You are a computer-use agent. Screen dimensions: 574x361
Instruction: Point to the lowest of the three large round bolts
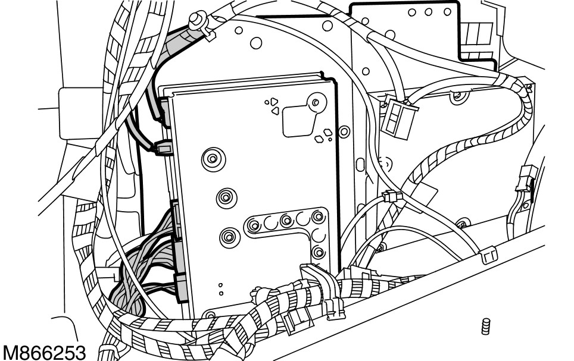click(x=228, y=237)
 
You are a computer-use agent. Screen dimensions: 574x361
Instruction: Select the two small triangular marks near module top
click(x=273, y=106)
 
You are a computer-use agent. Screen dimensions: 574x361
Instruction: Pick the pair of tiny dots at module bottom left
click(x=221, y=289)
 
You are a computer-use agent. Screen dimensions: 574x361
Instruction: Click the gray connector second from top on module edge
click(x=163, y=147)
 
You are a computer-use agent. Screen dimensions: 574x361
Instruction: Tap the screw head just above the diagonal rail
click(x=459, y=224)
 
